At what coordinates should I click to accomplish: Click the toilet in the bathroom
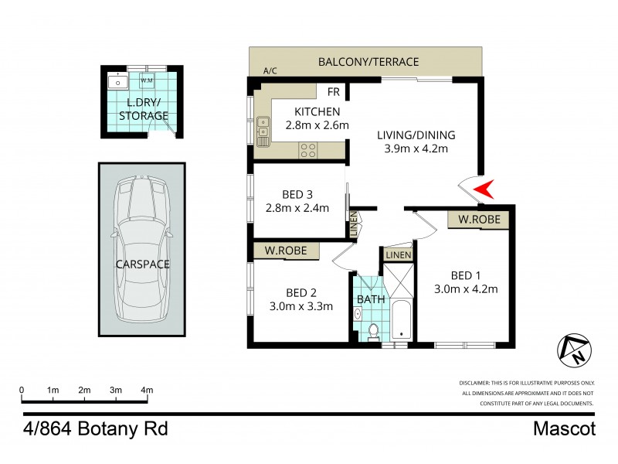[373, 331]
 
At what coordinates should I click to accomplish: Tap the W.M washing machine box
[147, 81]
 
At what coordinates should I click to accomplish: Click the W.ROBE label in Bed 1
[479, 220]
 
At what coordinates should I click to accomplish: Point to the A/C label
[270, 71]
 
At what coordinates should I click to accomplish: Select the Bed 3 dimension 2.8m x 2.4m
[297, 207]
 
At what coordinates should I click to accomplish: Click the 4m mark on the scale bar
[147, 390]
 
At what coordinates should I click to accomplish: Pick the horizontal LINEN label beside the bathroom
[398, 254]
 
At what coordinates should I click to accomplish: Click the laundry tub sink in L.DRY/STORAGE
[120, 81]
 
